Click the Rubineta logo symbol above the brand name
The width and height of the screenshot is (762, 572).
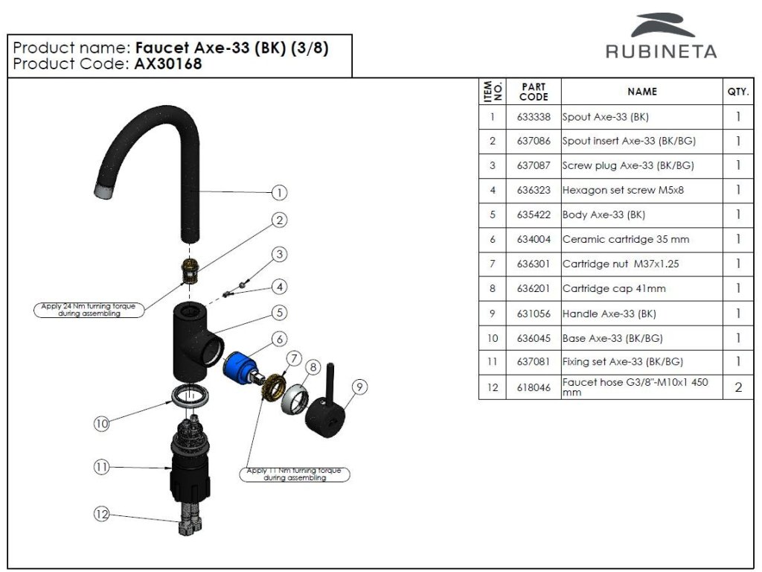(662, 25)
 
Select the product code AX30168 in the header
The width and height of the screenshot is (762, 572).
(168, 64)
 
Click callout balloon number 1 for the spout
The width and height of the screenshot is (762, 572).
(279, 193)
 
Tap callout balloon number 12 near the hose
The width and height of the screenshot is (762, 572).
(102, 514)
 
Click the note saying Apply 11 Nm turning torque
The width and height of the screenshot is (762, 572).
(295, 474)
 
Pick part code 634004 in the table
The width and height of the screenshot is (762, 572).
(534, 239)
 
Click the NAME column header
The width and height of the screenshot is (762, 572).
(642, 92)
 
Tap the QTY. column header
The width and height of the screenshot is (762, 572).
(737, 92)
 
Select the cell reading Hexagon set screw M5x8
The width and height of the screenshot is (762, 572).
(623, 190)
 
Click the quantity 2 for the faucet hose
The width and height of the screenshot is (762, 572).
(738, 387)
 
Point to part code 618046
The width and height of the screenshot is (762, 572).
(534, 387)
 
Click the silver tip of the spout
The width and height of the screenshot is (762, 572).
(106, 191)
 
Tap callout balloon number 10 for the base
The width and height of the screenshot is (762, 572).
(102, 423)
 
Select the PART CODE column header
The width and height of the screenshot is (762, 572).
(534, 92)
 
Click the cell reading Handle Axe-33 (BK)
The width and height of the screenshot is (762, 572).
(609, 314)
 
